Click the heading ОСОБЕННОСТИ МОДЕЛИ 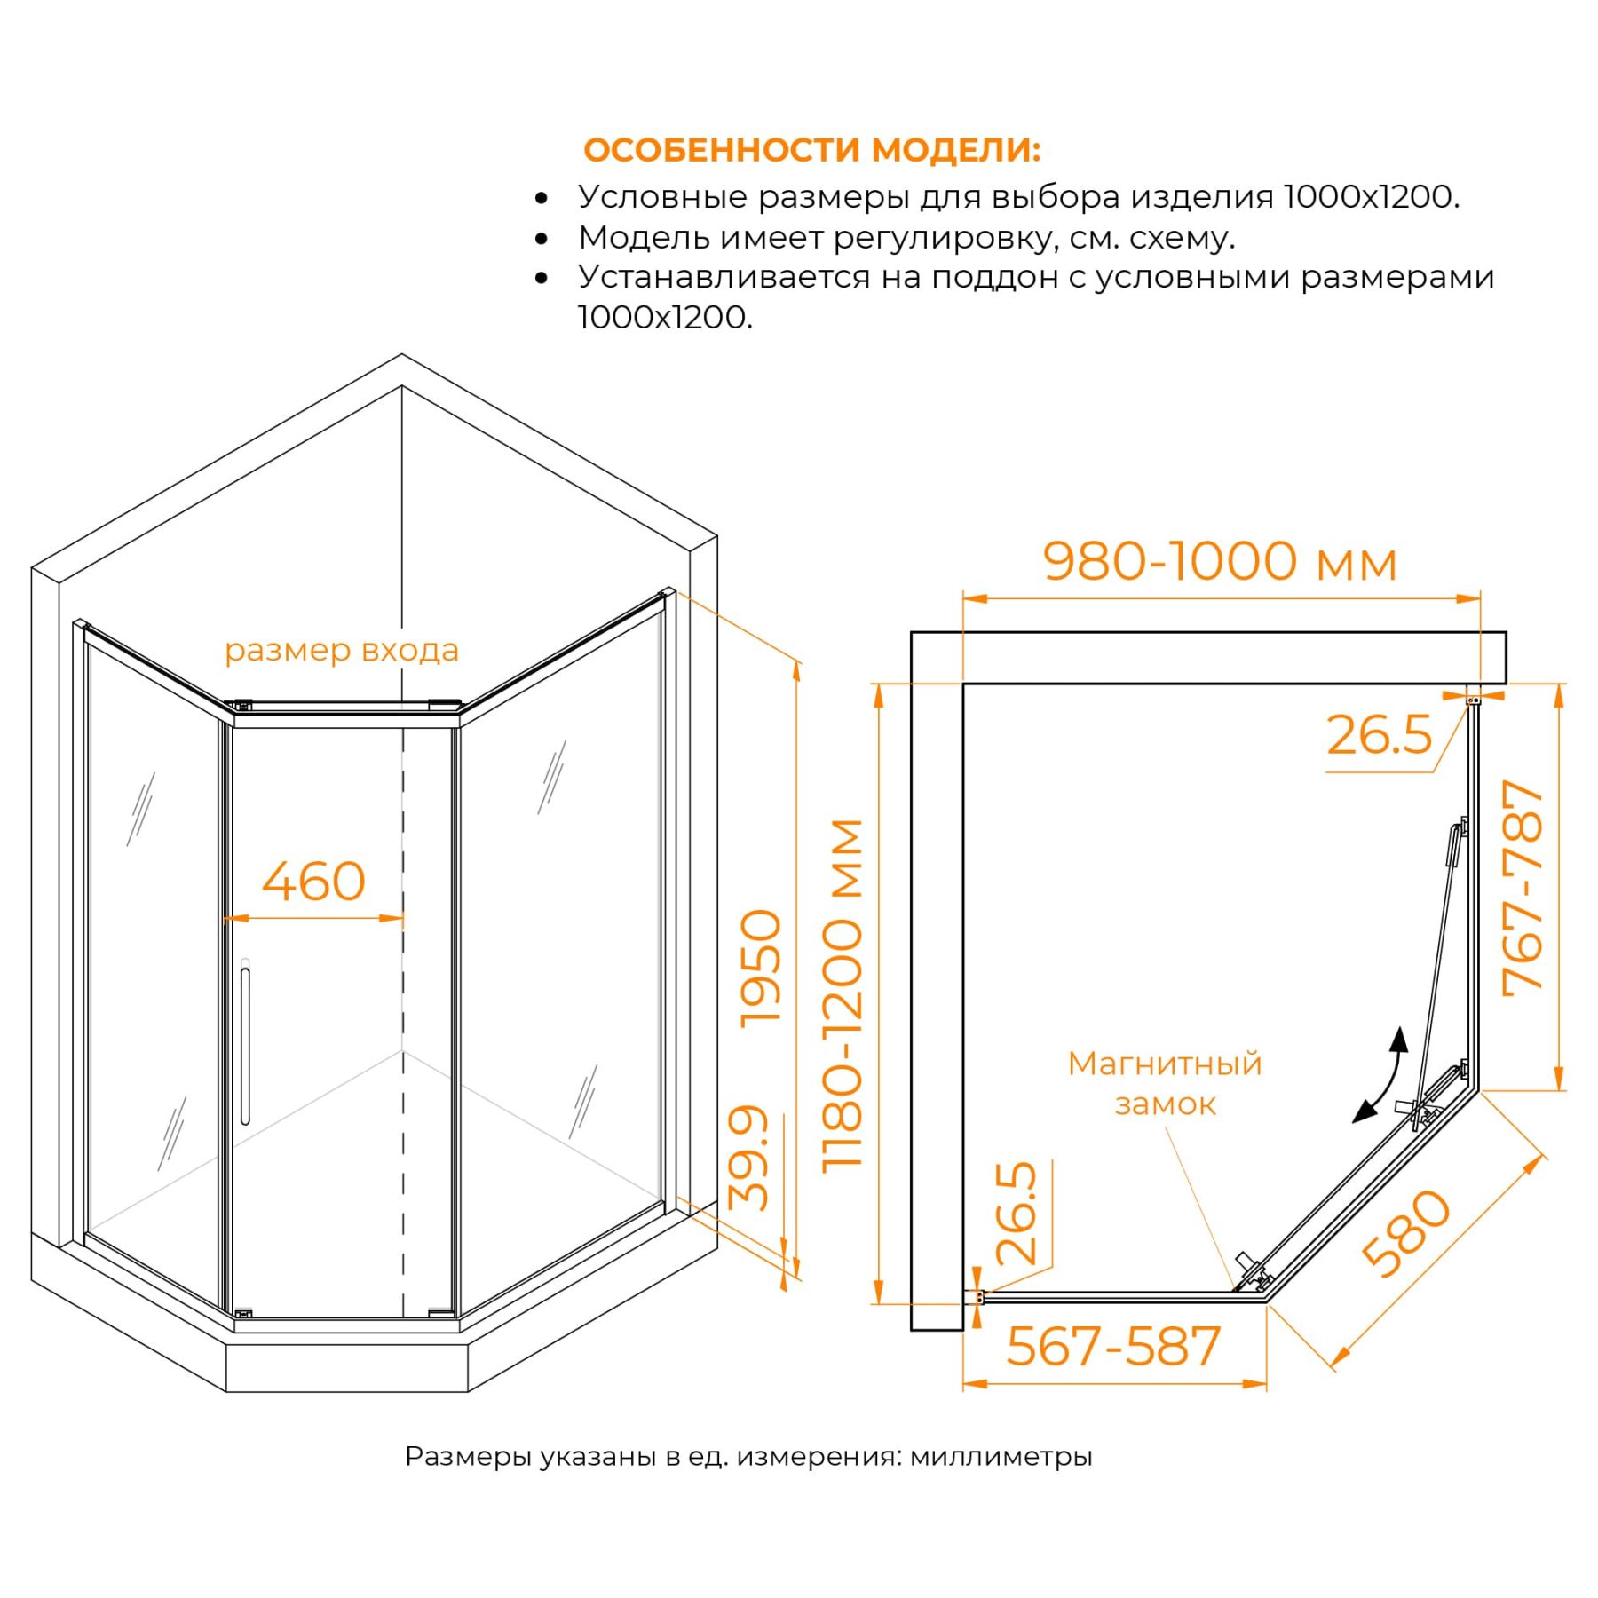click(811, 150)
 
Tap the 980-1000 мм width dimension click(1220, 562)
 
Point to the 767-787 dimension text click(1523, 889)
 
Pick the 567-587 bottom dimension click(1113, 1347)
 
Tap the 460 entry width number click(313, 882)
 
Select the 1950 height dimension click(762, 969)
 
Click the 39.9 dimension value click(748, 1158)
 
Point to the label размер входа click(342, 651)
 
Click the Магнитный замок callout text click(1165, 1084)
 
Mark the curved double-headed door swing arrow click(1381, 1075)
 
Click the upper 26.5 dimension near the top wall click(1379, 735)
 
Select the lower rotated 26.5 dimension click(1017, 1213)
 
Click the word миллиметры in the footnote click(1001, 1457)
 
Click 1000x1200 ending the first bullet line click(1371, 197)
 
